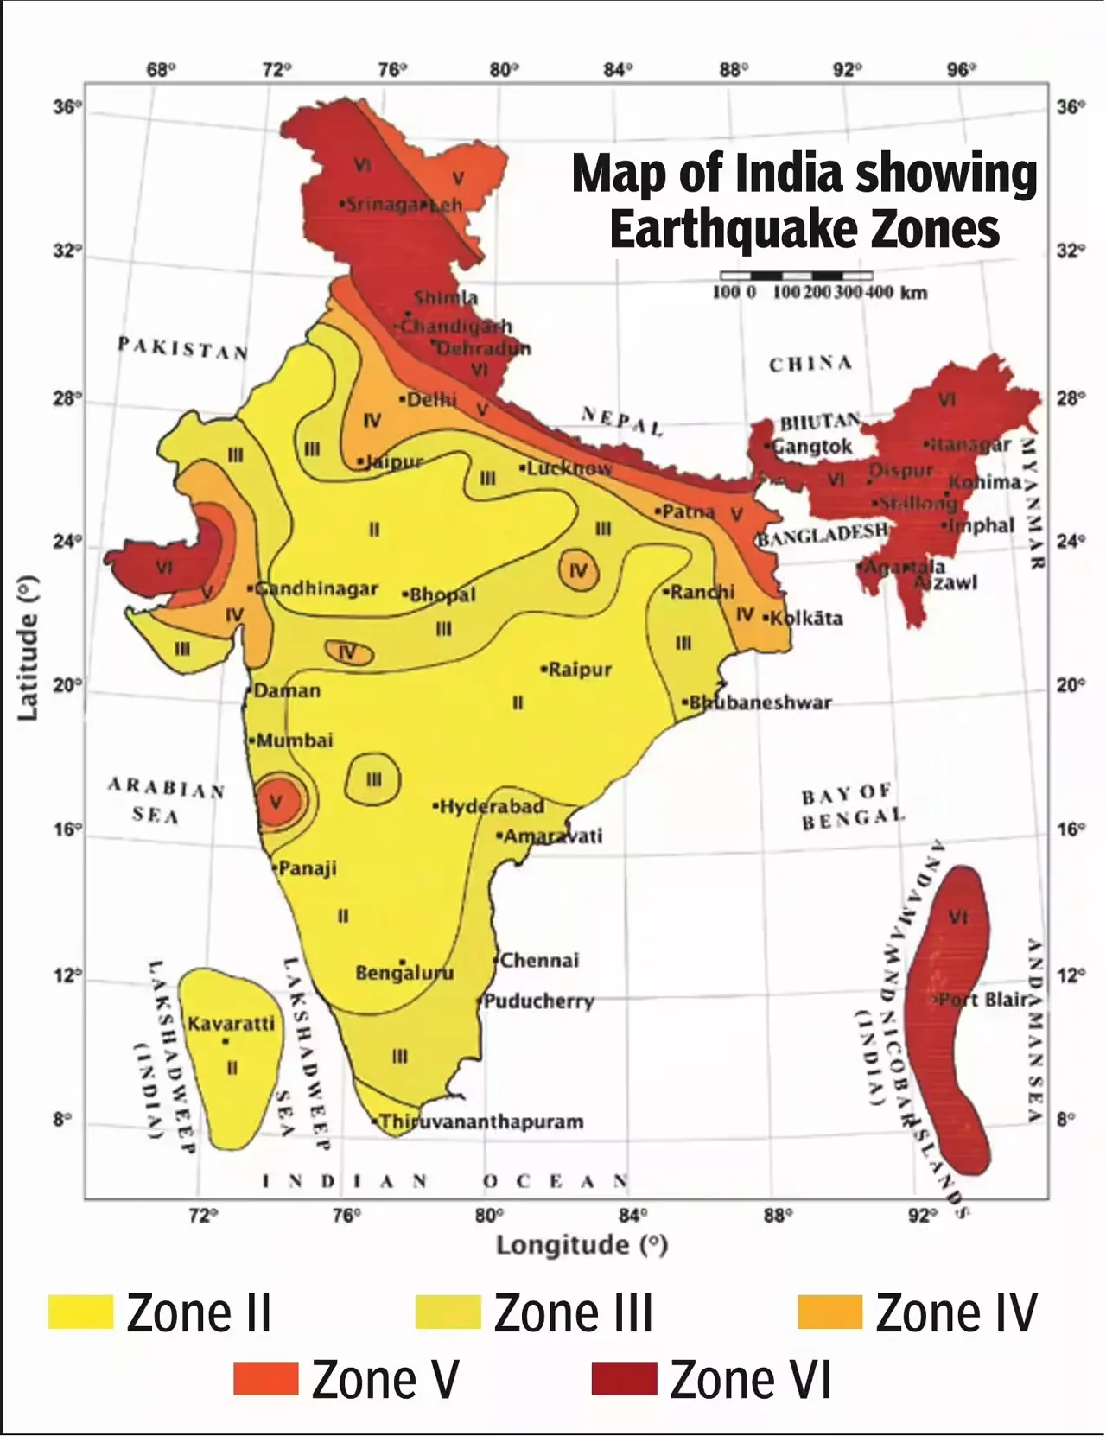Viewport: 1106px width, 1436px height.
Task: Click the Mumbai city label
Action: click(x=294, y=740)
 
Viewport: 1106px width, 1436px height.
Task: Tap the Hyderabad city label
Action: click(x=491, y=807)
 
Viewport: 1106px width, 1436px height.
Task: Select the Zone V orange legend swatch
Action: click(x=265, y=1379)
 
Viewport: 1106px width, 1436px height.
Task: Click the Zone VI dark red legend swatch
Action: click(x=624, y=1379)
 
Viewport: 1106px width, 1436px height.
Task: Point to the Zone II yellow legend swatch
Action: click(x=80, y=1312)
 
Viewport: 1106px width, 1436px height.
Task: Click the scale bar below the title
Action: click(x=796, y=276)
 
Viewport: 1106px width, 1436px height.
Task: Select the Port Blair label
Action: click(x=984, y=1000)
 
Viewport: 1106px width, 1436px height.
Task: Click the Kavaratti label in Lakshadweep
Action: click(x=231, y=1024)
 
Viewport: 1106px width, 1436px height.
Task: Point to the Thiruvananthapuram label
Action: click(x=481, y=1122)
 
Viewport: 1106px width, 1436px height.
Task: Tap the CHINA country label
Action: click(x=810, y=364)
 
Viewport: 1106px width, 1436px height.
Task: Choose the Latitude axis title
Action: click(x=29, y=648)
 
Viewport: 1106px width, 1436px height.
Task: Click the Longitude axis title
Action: click(x=582, y=1245)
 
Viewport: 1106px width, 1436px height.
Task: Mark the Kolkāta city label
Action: click(x=805, y=619)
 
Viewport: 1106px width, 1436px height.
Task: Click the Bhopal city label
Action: click(x=442, y=595)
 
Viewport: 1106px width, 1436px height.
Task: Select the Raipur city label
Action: click(x=580, y=670)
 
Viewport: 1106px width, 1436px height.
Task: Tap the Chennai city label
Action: click(x=539, y=960)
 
